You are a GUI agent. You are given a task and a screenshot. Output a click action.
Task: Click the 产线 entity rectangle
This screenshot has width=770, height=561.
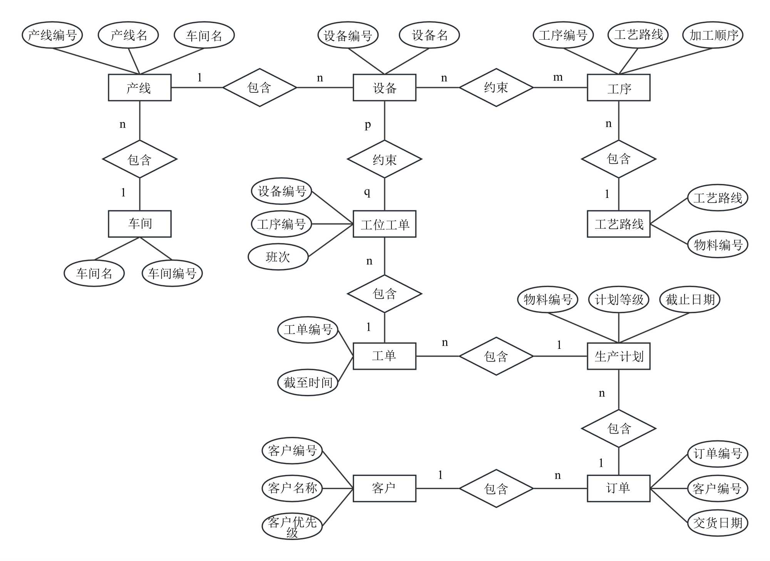click(x=139, y=88)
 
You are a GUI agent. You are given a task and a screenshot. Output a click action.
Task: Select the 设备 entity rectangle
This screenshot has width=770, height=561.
click(x=384, y=88)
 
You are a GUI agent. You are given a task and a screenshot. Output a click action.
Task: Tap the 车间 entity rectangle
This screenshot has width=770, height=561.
click(x=139, y=224)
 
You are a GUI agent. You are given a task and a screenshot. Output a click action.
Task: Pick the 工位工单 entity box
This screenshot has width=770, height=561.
click(x=384, y=224)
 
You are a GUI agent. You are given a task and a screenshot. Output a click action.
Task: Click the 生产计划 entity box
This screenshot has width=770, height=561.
click(x=618, y=356)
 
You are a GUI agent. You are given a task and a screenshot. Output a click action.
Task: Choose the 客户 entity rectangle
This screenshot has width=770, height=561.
click(x=384, y=488)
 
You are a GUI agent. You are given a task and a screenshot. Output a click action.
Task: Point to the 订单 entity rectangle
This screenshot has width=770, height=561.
click(x=618, y=488)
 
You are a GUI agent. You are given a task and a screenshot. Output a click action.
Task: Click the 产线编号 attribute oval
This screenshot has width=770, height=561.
click(x=52, y=35)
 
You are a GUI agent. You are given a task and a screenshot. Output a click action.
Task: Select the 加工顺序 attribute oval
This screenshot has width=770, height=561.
click(x=713, y=35)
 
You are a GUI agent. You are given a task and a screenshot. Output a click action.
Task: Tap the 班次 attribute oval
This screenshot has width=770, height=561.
click(x=278, y=257)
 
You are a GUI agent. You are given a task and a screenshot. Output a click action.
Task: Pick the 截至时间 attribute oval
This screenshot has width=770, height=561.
click(x=308, y=382)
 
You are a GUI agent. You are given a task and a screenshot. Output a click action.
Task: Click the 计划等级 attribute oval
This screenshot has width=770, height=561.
click(x=619, y=300)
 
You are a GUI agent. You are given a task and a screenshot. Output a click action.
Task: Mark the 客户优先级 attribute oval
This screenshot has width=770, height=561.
click(x=292, y=526)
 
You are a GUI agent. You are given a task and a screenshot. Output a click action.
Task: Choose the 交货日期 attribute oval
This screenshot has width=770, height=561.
click(x=717, y=522)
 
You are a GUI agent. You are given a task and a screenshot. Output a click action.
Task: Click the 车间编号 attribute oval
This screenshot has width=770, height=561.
click(x=172, y=273)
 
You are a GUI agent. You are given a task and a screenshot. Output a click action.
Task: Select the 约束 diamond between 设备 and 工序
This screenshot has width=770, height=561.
click(x=496, y=88)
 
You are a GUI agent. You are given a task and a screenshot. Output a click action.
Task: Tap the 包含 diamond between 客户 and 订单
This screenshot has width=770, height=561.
click(x=496, y=488)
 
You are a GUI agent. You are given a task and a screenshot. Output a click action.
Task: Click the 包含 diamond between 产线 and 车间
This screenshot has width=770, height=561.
click(x=139, y=159)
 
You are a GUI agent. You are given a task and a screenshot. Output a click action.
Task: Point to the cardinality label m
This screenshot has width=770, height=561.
click(x=558, y=77)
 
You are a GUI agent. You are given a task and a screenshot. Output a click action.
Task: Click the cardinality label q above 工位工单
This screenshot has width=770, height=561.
click(x=367, y=192)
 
